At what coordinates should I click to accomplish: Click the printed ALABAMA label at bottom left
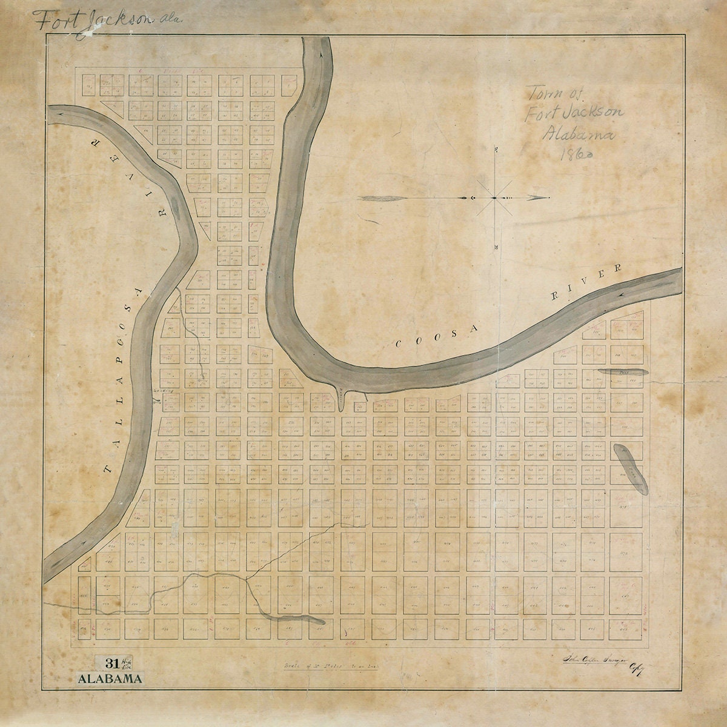110,678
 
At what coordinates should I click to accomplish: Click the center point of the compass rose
495,198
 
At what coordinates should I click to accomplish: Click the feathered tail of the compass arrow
380,198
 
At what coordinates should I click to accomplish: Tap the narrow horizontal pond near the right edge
623,371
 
